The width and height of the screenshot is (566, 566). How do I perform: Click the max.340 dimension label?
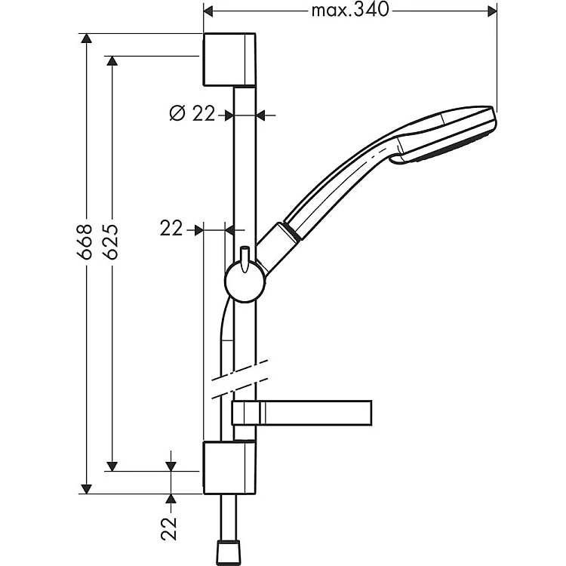350,11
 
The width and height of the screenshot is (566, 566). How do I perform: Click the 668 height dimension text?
85,241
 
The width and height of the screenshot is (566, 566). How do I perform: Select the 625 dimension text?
111,241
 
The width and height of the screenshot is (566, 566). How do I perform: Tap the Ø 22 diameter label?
192,113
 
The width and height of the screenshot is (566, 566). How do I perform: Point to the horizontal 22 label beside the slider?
171,229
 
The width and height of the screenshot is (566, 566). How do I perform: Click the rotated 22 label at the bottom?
169,529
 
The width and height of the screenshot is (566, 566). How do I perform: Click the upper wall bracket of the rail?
229,60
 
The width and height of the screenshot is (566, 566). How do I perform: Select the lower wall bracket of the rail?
229,467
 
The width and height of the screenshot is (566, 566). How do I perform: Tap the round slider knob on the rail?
245,283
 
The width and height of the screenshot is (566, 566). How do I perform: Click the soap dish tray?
302,413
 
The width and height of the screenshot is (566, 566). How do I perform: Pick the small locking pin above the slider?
245,258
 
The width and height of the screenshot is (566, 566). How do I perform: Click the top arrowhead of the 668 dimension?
86,38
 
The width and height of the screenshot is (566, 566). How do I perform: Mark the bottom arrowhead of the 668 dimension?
86,489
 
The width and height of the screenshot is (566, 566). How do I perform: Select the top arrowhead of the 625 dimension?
112,61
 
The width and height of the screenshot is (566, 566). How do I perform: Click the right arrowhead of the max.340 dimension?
492,11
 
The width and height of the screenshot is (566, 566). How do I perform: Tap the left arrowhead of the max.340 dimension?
208,11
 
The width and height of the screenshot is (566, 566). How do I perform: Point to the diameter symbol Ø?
177,113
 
